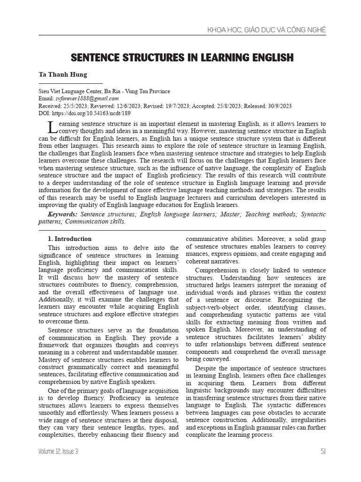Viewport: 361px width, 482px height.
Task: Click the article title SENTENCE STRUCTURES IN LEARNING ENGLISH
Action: (x=182, y=57)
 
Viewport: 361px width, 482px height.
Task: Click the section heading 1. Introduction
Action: (x=70, y=239)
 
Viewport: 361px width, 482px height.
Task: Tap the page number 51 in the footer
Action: (x=323, y=451)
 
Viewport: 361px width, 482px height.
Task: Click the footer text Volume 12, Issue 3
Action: (x=59, y=451)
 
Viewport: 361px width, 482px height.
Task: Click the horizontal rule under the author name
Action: (x=71, y=83)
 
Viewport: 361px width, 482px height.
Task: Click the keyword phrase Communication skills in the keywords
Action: (x=95, y=221)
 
